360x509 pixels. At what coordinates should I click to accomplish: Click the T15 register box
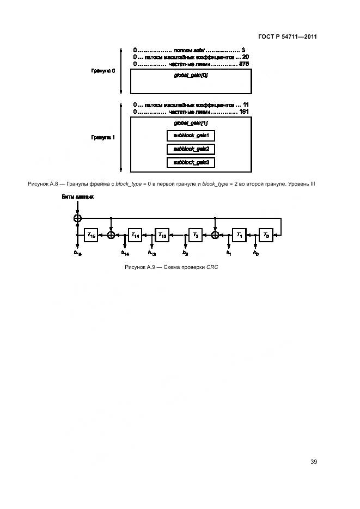91,235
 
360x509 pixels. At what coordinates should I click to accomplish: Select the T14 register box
135,235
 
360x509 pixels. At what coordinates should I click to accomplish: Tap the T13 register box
162,235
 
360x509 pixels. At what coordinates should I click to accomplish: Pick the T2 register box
196,235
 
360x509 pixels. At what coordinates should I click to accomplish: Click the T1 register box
239,235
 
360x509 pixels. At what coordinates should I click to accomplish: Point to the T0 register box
266,235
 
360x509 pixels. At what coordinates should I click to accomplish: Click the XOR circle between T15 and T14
112,235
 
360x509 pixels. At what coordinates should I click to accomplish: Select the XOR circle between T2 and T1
215,235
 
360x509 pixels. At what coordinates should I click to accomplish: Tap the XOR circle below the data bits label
77,218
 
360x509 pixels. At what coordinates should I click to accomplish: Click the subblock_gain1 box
191,135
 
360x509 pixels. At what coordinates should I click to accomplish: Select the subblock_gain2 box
191,149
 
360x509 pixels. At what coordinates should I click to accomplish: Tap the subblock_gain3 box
191,163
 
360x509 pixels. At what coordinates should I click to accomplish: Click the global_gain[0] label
191,75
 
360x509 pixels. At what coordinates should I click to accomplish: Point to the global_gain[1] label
191,123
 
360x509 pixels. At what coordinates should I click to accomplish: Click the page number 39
313,462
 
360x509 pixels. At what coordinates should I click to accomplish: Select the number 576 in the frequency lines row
244,64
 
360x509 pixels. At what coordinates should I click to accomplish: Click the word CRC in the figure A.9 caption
211,267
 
